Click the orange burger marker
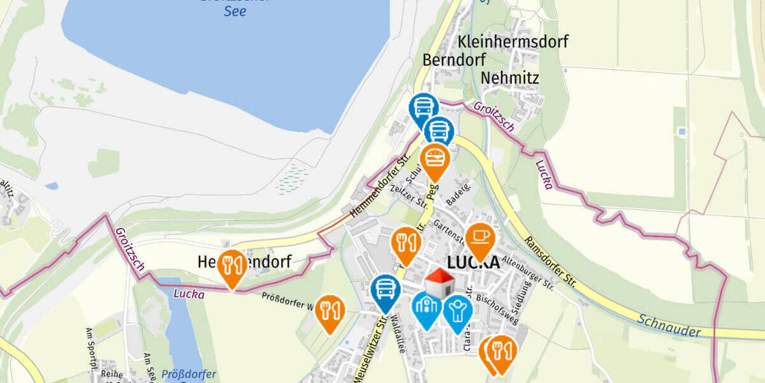click(x=435, y=158)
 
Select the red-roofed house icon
click(x=439, y=283)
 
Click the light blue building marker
click(x=426, y=306)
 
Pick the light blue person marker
click(x=457, y=310)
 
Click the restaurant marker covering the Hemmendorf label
click(x=232, y=266)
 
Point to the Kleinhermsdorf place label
click(x=513, y=42)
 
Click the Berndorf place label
click(x=454, y=60)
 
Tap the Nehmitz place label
click(x=510, y=78)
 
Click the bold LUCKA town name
click(x=473, y=262)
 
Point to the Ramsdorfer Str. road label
click(x=549, y=262)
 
